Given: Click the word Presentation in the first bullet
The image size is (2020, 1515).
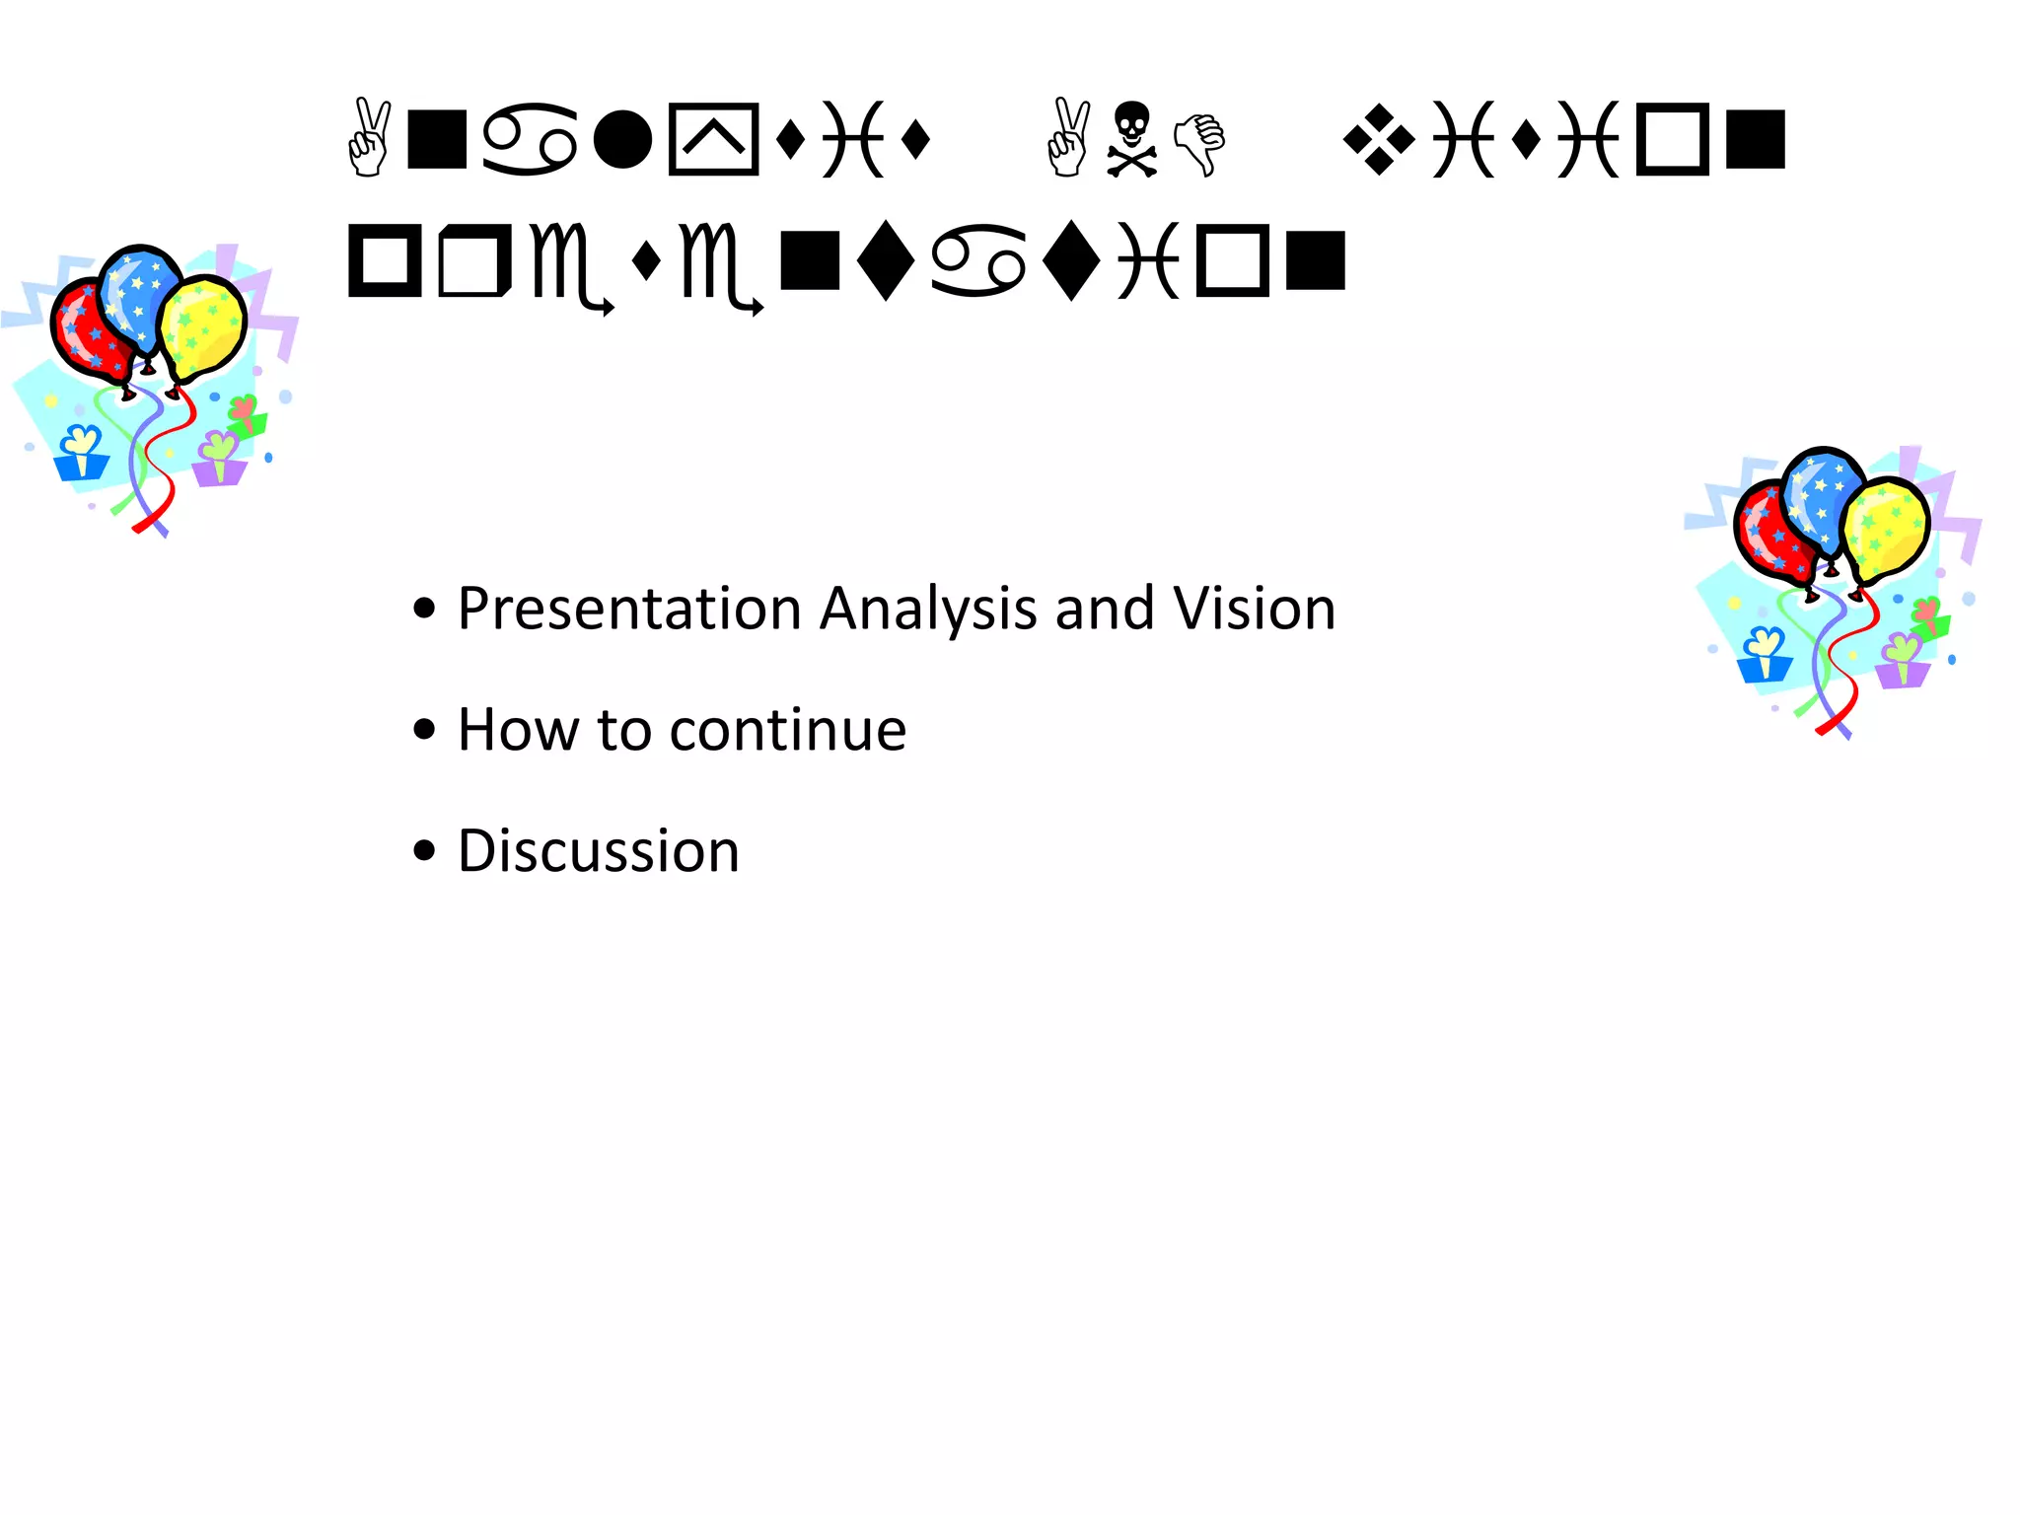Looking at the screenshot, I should coord(629,609).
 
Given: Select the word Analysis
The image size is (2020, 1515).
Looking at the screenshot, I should coord(928,609).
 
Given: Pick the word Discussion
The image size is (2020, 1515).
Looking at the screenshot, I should coord(599,851).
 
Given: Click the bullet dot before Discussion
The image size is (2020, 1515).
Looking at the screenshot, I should coord(424,851).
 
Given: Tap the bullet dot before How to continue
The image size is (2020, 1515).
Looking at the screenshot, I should coord(424,730).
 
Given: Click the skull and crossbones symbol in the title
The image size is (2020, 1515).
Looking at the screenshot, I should coord(1131,139).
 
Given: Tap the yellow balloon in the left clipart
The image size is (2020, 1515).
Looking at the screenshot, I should coord(203,325).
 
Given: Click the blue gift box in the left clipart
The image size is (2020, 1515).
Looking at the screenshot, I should coord(81,456).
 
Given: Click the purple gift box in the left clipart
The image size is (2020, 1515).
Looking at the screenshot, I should coord(219,462).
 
